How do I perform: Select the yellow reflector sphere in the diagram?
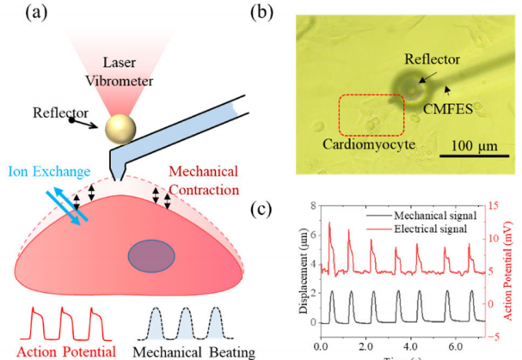point(121,131)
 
